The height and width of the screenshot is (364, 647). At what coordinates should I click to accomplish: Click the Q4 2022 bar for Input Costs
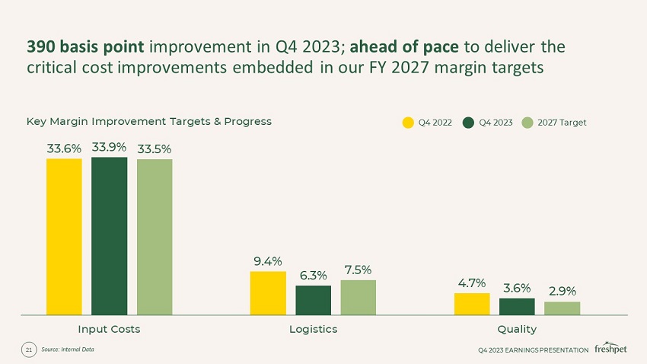[x=64, y=236]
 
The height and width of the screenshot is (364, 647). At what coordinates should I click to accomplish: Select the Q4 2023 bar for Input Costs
[x=109, y=235]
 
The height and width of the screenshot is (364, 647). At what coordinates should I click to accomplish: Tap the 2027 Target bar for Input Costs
[x=155, y=236]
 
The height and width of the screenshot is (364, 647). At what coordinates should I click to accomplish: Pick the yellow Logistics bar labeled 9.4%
[x=268, y=292]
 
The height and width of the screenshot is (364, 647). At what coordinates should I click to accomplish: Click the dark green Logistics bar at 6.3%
[x=313, y=299]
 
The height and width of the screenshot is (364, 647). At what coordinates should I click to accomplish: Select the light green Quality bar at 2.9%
[x=562, y=308]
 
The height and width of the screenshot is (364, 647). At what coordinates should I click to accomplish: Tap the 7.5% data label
[x=358, y=270]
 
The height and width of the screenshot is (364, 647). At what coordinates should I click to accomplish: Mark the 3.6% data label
[x=517, y=289]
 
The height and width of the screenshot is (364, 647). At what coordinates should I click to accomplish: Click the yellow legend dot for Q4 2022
[x=408, y=122]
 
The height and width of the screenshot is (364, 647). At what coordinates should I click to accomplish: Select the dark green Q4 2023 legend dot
[x=468, y=122]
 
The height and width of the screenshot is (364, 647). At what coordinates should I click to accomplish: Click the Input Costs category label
[x=110, y=329]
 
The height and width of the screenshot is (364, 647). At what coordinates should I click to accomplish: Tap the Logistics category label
[x=313, y=329]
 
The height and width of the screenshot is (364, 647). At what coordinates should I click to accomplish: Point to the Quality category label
[x=517, y=329]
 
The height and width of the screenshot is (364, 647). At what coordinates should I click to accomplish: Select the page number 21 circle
[x=29, y=350]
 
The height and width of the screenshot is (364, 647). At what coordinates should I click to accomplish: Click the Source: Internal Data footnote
[x=67, y=350]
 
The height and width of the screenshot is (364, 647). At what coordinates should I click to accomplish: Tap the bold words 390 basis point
[x=85, y=46]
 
